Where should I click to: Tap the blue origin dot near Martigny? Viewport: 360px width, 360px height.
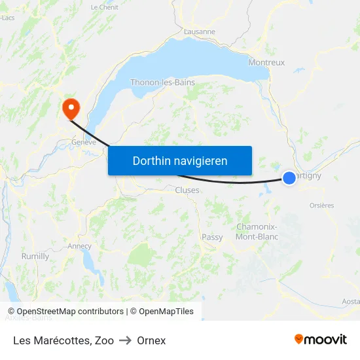pyautogui.click(x=289, y=177)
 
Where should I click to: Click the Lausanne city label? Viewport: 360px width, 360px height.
pyautogui.click(x=200, y=31)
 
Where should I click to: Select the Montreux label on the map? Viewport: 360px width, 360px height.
pyautogui.click(x=266, y=63)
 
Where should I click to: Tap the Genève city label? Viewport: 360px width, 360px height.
pyautogui.click(x=84, y=142)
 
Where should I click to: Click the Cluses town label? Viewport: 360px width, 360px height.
pyautogui.click(x=187, y=190)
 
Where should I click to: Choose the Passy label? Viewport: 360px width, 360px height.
pyautogui.click(x=212, y=237)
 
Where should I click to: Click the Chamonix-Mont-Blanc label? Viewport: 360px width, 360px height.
pyautogui.click(x=257, y=232)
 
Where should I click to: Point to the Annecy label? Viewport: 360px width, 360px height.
pyautogui.click(x=79, y=246)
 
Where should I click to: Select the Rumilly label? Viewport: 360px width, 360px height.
pyautogui.click(x=35, y=257)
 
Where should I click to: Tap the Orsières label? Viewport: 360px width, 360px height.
pyautogui.click(x=321, y=205)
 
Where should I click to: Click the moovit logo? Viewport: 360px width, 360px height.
pyautogui.click(x=321, y=340)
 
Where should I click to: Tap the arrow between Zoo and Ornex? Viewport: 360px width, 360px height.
pyautogui.click(x=125, y=340)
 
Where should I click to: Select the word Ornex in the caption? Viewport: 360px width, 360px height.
pyautogui.click(x=151, y=340)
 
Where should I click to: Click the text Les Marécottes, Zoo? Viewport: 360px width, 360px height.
pyautogui.click(x=63, y=340)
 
